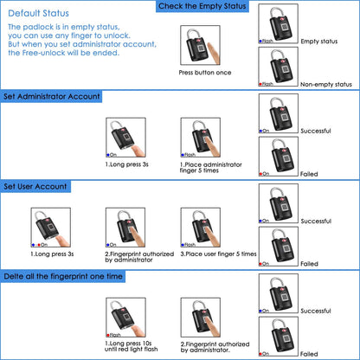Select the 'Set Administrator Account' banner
52,97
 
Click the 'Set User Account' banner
35,186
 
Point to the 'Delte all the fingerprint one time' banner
64,276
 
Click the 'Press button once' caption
204,73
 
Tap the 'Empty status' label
320,42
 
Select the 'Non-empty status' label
326,84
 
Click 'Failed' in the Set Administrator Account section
310,173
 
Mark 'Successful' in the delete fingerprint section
316,311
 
